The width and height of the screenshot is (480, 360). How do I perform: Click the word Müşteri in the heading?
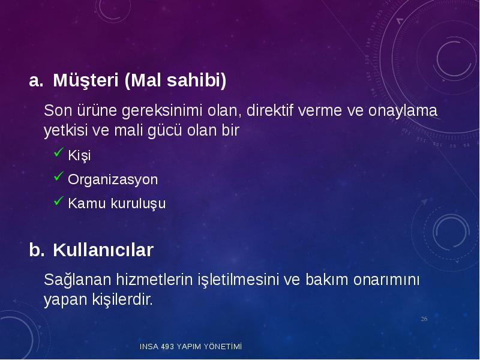86,80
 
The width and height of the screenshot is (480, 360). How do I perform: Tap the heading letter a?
36,81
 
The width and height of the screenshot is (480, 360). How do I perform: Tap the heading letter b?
37,250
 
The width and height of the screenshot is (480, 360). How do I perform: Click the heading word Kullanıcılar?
103,250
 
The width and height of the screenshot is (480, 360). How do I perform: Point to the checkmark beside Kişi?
58,152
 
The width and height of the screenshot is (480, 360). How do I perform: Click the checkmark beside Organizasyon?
58,176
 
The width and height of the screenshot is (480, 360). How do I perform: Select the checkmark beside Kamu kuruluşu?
58,201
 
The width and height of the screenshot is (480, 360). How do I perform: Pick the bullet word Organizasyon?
113,179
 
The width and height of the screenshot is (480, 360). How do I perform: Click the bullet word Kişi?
79,155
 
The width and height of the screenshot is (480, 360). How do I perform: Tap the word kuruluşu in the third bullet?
138,204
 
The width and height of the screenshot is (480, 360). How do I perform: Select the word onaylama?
403,111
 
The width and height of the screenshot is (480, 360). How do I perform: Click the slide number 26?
424,319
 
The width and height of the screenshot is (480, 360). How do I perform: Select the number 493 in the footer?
167,347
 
